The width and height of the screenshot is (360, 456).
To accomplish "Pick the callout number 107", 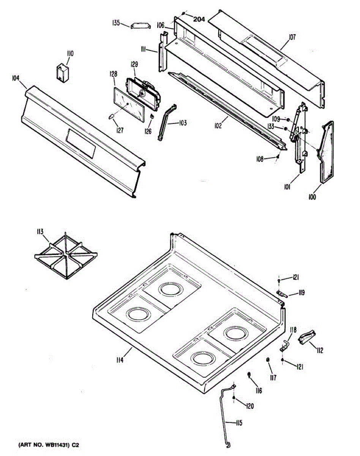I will coord(292,37).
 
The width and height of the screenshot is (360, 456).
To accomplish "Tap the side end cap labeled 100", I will coord(326,152).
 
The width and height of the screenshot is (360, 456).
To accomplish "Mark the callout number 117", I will coord(273,377).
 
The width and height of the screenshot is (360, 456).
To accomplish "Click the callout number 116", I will coord(258,391).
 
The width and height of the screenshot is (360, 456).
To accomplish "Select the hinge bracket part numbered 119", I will coord(281,293).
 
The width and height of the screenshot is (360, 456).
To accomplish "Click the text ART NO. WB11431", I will coord(43,444).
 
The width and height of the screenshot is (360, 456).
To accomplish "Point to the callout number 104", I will coord(15,78).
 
